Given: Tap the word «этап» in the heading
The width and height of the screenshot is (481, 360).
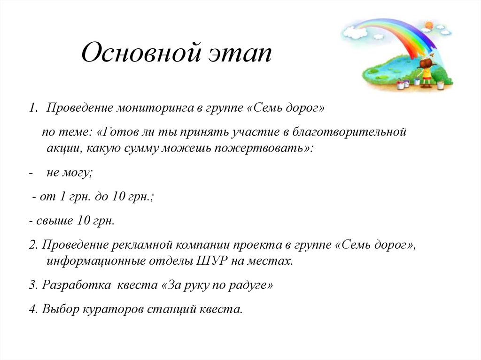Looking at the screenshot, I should point(239,54).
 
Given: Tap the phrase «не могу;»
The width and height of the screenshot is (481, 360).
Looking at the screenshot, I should point(70,173).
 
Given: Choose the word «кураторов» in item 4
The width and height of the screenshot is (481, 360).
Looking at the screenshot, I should point(114,309).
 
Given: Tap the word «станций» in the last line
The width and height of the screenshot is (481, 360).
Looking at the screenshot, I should point(171,309).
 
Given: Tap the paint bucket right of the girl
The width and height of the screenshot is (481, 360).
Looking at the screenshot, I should point(441,85).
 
